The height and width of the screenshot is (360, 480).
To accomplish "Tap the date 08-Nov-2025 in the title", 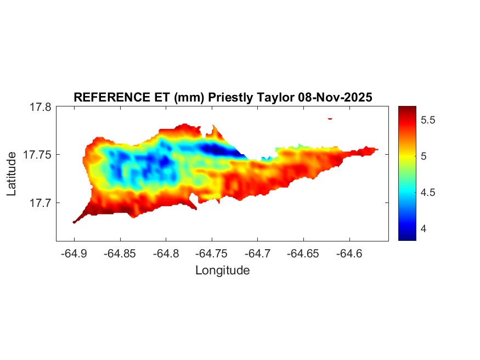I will tap(335, 97).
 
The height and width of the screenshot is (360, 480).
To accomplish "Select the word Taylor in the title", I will tap(275, 97).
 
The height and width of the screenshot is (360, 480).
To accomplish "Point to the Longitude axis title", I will tap(222, 270).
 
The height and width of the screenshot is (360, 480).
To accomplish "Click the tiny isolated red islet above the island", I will tap(330, 118).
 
